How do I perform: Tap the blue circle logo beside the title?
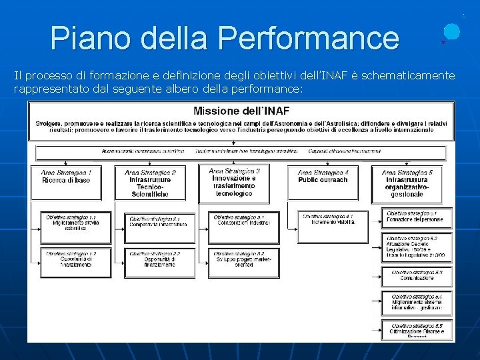click(451, 31)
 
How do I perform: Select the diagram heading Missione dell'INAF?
click(241, 111)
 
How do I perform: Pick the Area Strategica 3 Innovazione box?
click(234, 182)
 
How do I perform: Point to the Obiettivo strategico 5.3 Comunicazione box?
click(417, 275)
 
